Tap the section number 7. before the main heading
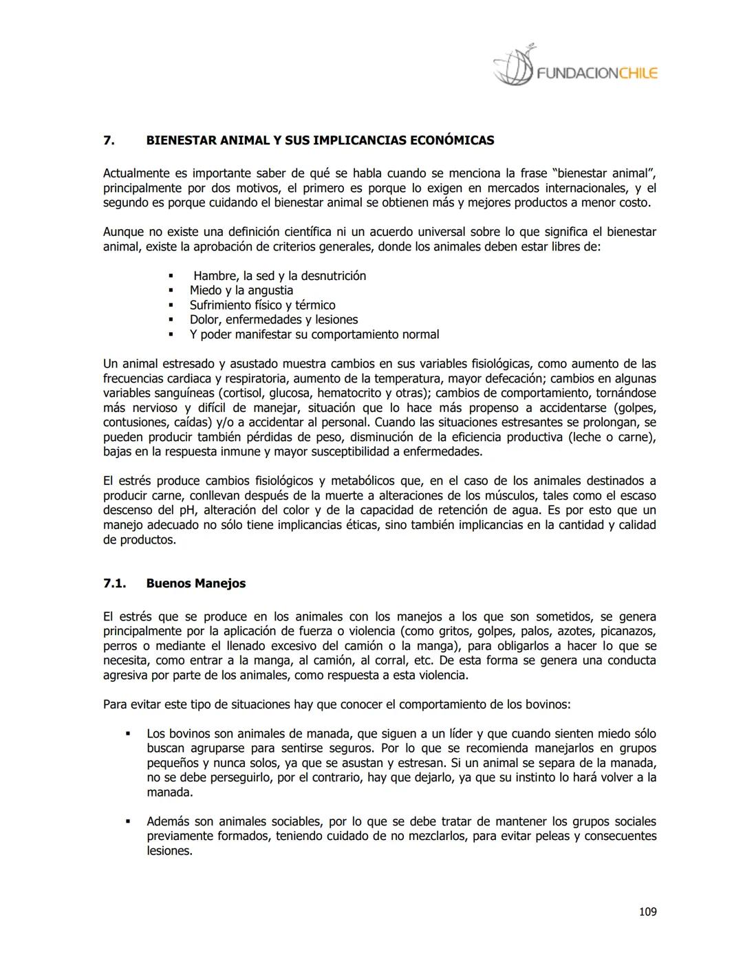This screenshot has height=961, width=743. [x=109, y=140]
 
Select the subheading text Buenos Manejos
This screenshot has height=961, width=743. [x=196, y=583]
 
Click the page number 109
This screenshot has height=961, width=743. [x=647, y=911]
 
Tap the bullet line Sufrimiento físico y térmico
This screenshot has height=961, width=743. [x=263, y=305]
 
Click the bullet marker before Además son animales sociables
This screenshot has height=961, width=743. [x=128, y=821]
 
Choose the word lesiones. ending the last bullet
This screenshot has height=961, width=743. [x=169, y=851]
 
